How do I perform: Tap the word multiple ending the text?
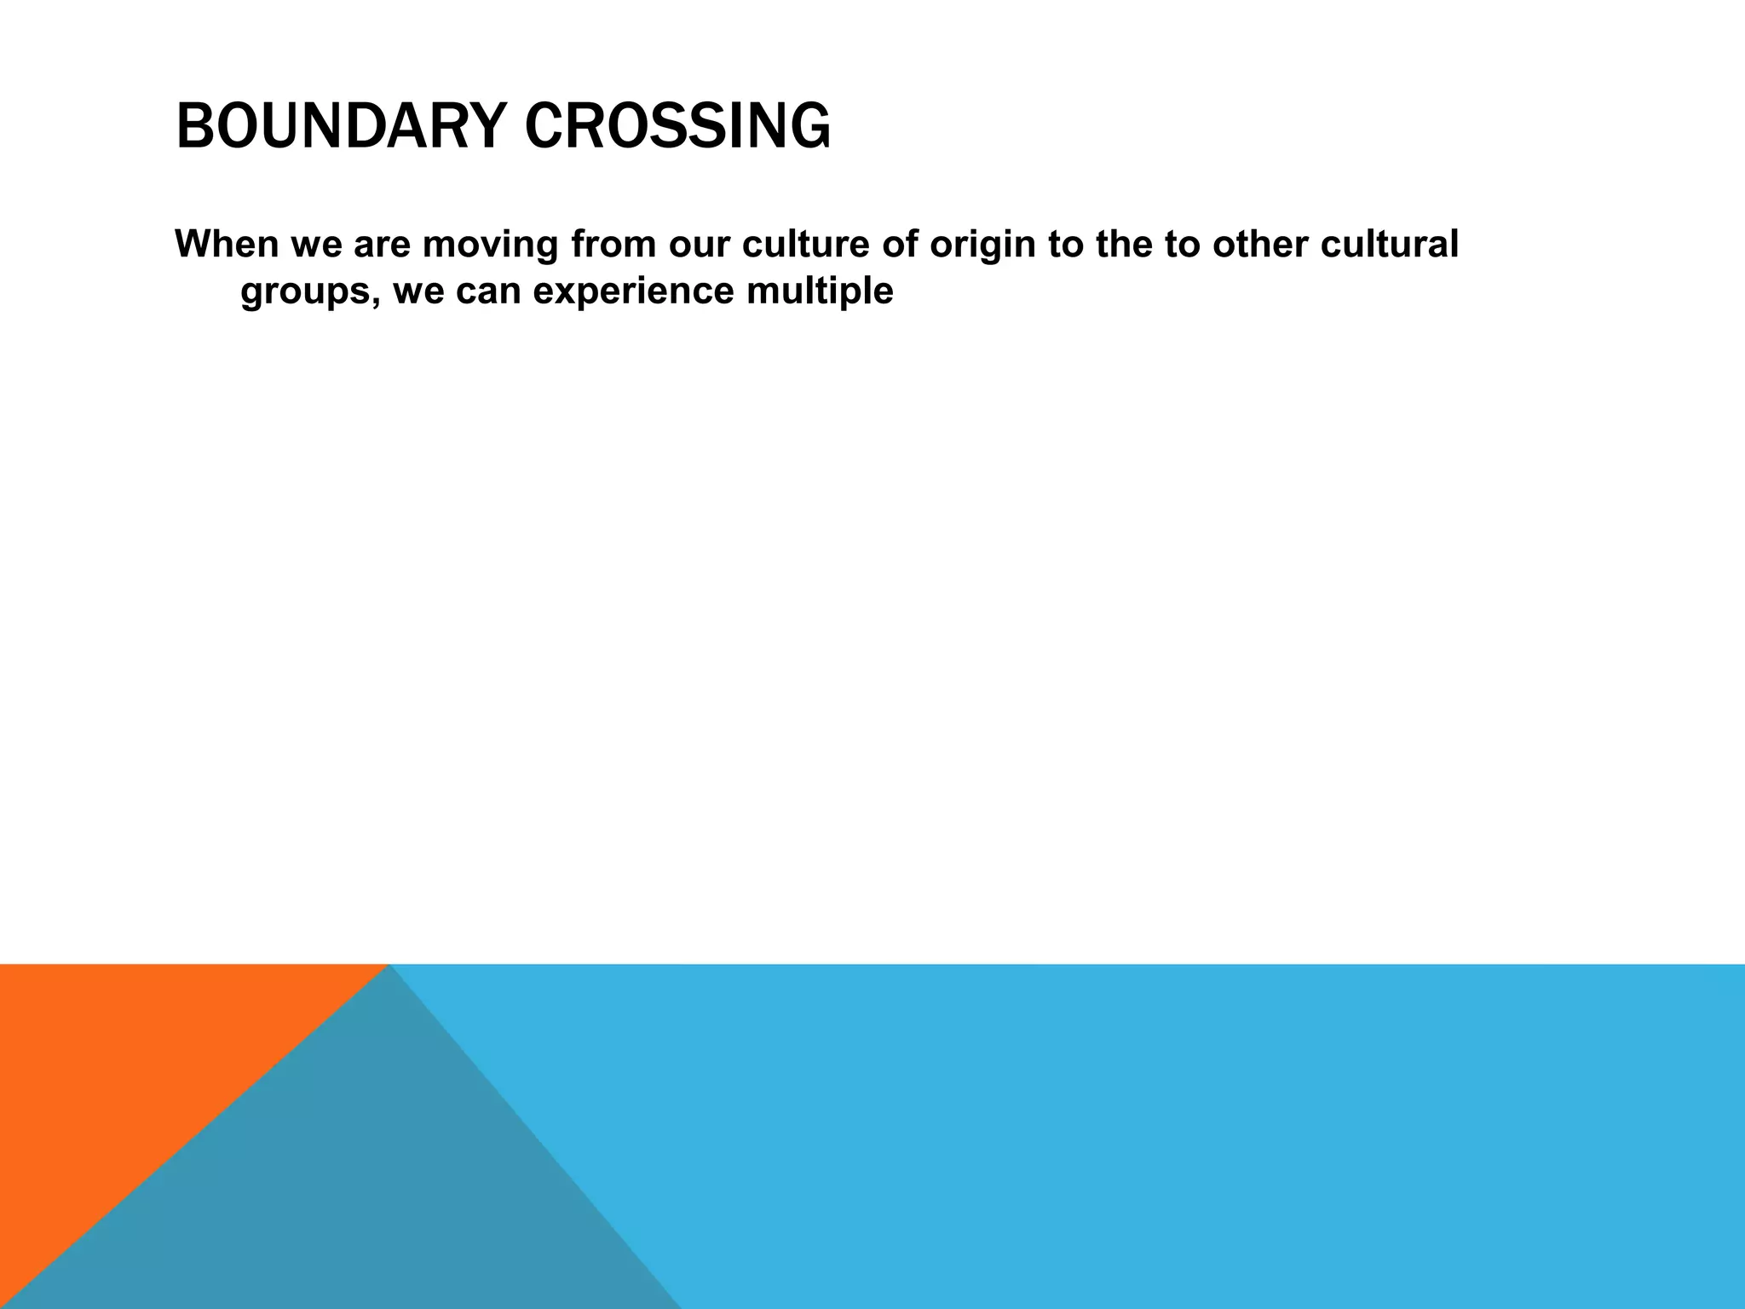click(x=820, y=291)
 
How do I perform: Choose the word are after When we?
click(x=383, y=245)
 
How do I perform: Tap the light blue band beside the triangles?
click(x=1193, y=1133)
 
